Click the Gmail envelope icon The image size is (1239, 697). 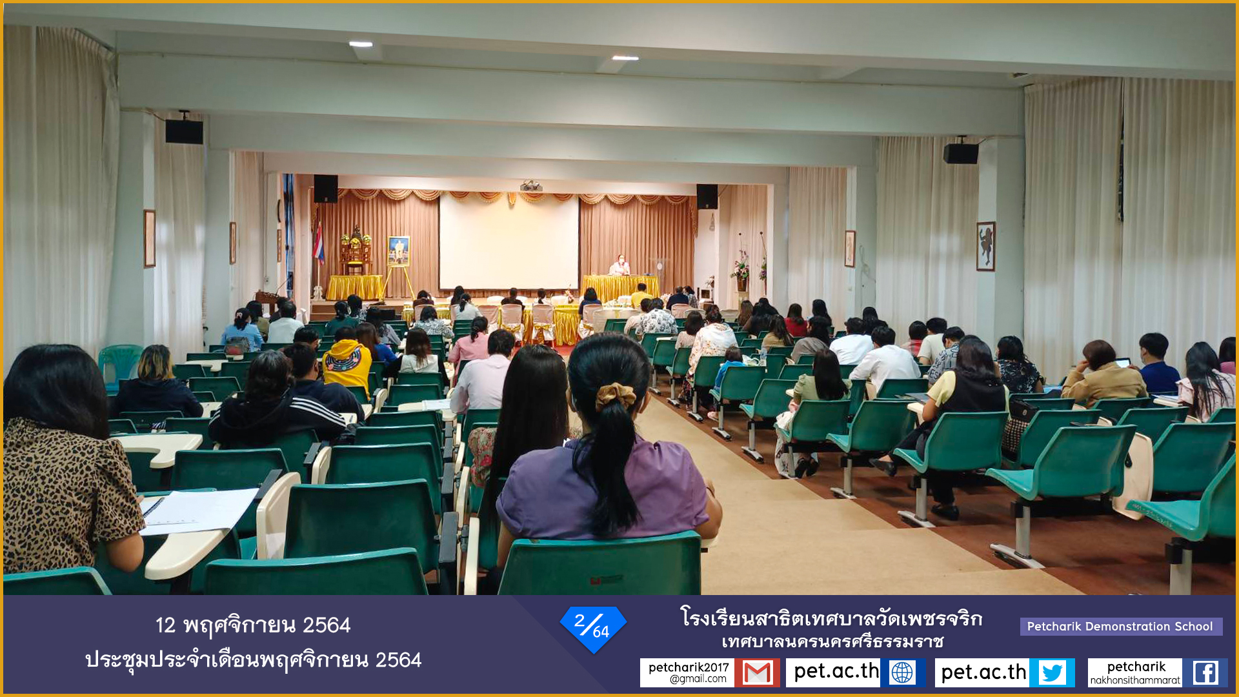point(757,672)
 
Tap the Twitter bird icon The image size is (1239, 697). point(1053,672)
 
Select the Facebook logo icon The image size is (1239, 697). point(1205,672)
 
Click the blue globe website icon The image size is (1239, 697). point(902,672)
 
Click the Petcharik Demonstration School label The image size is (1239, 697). point(1120,627)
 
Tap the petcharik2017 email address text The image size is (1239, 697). point(688,672)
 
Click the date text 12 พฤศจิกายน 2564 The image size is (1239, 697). point(253,625)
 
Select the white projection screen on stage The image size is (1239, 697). point(509,242)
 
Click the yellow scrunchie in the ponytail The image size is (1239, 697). point(615,395)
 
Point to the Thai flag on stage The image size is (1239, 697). point(319,243)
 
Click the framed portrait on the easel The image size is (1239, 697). point(399,250)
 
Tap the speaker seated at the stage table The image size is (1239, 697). point(619,265)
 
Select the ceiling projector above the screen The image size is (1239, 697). point(531,186)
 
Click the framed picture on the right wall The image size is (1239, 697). point(985,246)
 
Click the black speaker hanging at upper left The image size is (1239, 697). point(184,131)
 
